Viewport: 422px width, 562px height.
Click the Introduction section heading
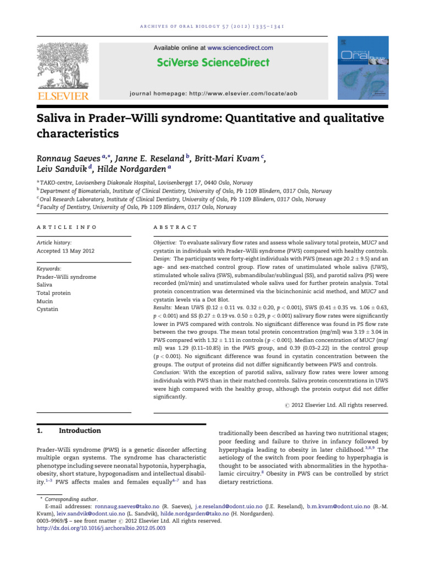point(80,431)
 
